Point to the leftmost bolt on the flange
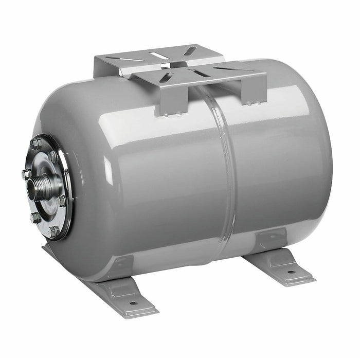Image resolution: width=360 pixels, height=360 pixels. click(26, 174)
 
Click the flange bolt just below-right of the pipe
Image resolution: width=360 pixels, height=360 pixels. click(62, 201)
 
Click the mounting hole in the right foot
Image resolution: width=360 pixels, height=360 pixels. click(291, 272)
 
